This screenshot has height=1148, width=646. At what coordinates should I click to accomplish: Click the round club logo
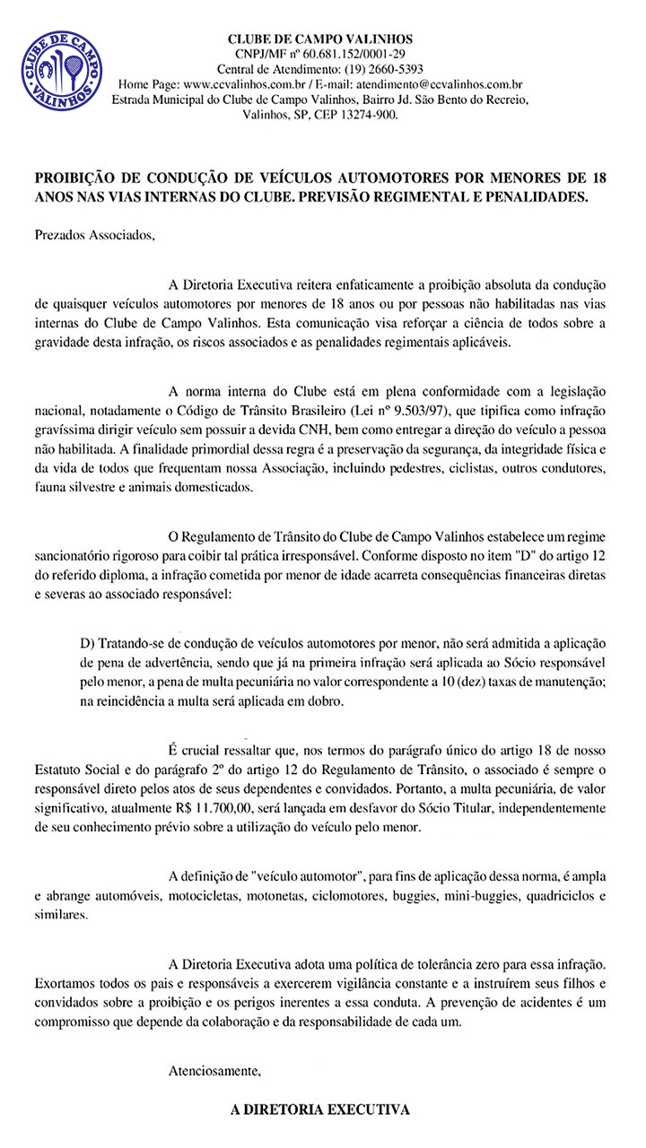pos(62,69)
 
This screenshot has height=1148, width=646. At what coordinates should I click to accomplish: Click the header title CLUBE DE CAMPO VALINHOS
pos(320,39)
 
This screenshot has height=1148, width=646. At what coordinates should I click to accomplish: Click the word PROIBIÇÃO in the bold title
pos(77,178)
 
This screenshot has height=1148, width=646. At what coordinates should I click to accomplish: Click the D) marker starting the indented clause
pos(88,644)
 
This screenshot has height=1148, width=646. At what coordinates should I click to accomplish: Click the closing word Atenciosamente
pos(214,1071)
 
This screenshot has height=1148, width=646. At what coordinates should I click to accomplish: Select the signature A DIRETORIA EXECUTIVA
pos(320,1109)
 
